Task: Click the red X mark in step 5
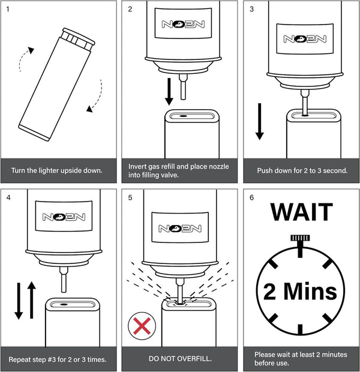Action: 142,327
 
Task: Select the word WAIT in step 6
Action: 301,213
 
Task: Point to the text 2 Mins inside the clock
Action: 301,292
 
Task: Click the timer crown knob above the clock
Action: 301,238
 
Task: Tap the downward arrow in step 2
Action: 169,91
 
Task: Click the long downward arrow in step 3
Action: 260,121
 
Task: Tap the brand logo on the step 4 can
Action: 59,218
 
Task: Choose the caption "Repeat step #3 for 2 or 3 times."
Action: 58,359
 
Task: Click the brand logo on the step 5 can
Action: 180,228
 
